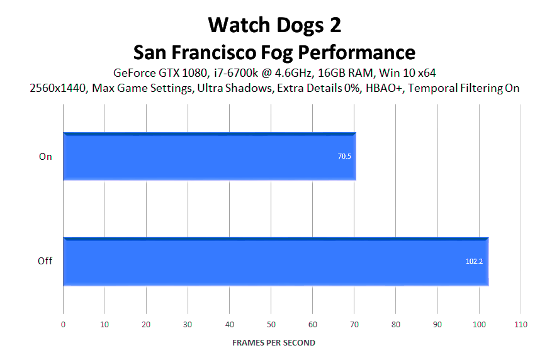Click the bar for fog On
tap(210, 156)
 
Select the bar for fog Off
tap(276, 262)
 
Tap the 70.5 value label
tap(344, 156)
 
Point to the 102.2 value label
tap(474, 261)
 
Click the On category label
tap(45, 157)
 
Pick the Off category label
tap(45, 261)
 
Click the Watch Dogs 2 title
tap(274, 25)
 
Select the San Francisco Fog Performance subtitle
tap(274, 52)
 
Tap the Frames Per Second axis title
tap(273, 343)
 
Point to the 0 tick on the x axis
tap(63, 325)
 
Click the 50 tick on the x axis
tap(271, 325)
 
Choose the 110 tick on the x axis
tap(521, 325)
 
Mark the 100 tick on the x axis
tap(479, 325)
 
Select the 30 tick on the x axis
tap(188, 325)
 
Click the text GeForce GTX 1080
tap(161, 73)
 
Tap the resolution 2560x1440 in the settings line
tap(57, 88)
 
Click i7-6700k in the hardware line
tap(236, 73)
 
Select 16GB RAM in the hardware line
tap(346, 73)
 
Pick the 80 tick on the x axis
tap(395, 325)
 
